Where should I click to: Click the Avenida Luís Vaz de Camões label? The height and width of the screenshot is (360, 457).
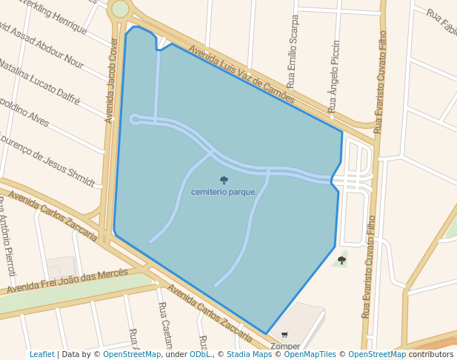[x=241, y=76]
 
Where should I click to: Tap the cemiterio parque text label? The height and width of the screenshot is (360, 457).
[x=224, y=192]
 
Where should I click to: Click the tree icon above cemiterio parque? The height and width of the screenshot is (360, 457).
[x=224, y=180]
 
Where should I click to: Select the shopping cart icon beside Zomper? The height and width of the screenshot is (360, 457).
[x=285, y=336]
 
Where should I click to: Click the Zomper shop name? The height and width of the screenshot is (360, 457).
[x=285, y=346]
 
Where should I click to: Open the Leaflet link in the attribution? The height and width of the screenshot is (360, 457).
[x=41, y=355]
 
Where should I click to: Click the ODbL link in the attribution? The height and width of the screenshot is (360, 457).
[x=200, y=355]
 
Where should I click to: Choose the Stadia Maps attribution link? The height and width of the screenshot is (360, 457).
[x=249, y=355]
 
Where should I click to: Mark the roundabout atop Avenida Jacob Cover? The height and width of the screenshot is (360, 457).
[x=119, y=9]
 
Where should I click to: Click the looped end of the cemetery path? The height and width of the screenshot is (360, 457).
[x=135, y=119]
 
